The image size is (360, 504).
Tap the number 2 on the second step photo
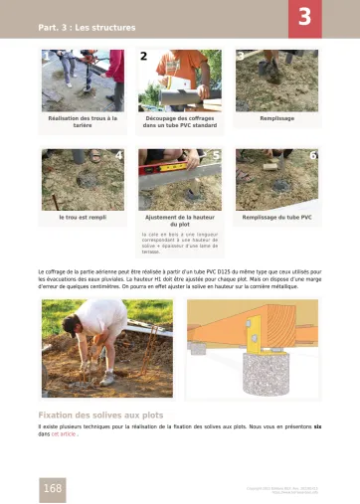[x=144, y=58]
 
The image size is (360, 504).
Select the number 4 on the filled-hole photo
[x=119, y=156]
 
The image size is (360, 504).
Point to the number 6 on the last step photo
[x=312, y=156]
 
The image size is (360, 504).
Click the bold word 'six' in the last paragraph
[x=317, y=426]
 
